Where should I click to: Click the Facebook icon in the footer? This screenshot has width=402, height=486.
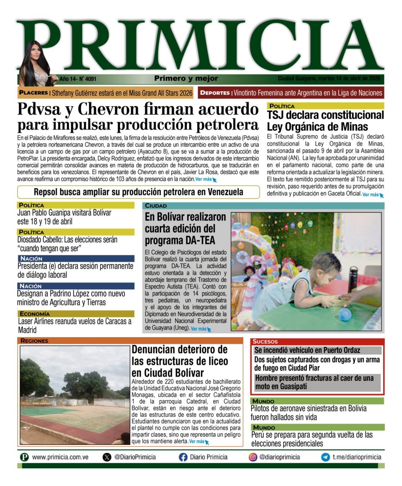[x=183, y=457]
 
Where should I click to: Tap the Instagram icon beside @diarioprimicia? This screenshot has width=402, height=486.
[x=253, y=457]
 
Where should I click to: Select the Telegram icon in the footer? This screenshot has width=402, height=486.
[x=325, y=457]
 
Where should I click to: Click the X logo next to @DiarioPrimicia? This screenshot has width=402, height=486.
[x=107, y=457]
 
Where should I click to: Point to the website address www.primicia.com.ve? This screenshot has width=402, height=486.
[x=60, y=457]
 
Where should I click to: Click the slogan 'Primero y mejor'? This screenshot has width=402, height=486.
[x=186, y=78]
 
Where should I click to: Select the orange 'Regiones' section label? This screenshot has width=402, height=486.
[x=34, y=340]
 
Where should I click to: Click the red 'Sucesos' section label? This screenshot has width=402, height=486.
[x=265, y=341]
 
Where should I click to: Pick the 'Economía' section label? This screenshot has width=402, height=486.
[x=34, y=314]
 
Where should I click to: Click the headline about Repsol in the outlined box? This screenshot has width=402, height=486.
[x=138, y=192]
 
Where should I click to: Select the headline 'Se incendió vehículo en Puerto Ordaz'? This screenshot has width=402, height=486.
[x=307, y=350]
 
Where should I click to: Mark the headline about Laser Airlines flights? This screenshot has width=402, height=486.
[x=75, y=325]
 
